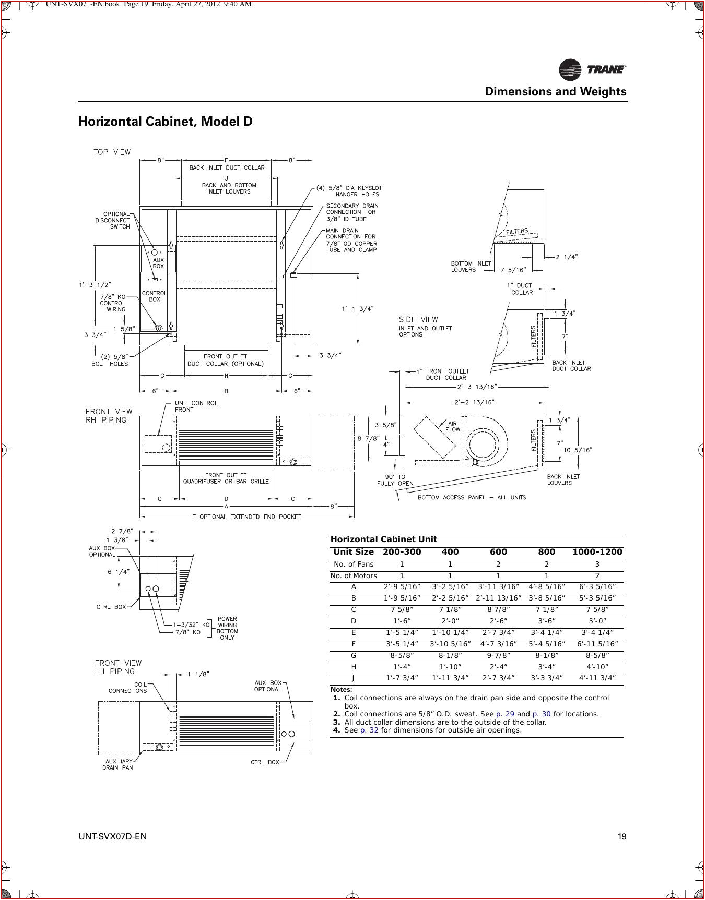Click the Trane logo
[592, 69]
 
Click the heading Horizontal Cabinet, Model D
[165, 122]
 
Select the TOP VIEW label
[112, 152]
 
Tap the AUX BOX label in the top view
[158, 263]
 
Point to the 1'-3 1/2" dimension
[95, 285]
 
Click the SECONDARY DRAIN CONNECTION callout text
[352, 212]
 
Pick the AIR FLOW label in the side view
[452, 427]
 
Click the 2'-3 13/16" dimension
[476, 387]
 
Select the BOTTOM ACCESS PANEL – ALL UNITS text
[472, 497]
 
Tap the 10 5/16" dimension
[578, 450]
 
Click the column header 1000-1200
[597, 552]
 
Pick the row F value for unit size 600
[498, 644]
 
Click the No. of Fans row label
[354, 565]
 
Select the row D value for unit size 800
[546, 621]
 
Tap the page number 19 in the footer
[621, 837]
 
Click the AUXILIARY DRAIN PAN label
[118, 764]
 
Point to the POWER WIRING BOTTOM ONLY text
[227, 628]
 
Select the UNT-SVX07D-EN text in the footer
[112, 837]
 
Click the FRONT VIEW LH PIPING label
[118, 667]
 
